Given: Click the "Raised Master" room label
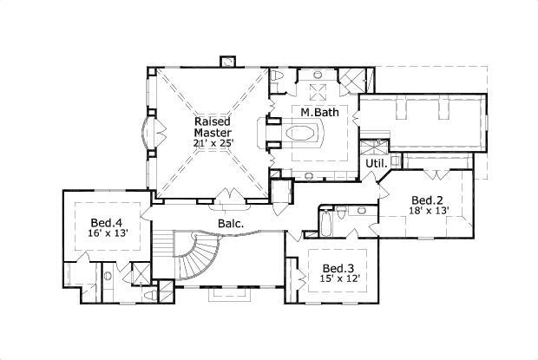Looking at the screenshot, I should [212, 127].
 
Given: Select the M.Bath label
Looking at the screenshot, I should [318, 113].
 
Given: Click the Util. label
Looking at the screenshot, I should [376, 163].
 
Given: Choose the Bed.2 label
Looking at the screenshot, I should [428, 199].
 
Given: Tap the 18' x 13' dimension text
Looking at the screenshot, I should [428, 210].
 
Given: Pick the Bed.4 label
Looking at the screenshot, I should [107, 223].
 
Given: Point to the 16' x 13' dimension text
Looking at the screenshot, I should [107, 234].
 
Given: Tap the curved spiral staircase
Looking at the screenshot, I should [198, 256].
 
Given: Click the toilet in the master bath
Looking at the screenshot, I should [277, 79].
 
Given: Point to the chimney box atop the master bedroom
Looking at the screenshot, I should [229, 62].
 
